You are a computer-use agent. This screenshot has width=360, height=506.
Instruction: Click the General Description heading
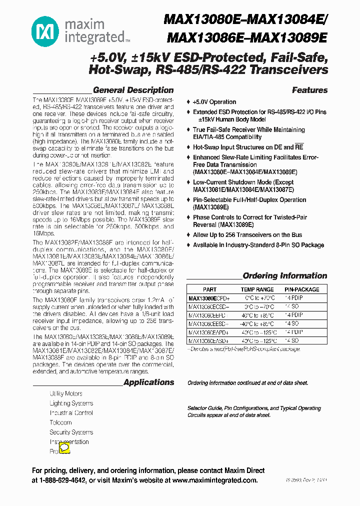133,90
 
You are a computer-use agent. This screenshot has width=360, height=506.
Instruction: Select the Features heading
309,90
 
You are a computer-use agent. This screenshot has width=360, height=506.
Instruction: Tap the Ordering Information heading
284,276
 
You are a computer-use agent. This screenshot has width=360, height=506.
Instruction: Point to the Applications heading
148,382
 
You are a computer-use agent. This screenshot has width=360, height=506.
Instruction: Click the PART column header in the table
210,289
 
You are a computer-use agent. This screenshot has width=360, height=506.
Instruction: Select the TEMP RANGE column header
257,289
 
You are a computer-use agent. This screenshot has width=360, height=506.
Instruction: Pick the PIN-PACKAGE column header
301,289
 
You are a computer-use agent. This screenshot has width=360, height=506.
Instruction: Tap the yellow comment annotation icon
64,448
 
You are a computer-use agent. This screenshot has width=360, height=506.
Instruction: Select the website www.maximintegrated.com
214,480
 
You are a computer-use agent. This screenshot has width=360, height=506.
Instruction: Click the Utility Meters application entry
66,393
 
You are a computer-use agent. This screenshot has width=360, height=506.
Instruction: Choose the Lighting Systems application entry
71,403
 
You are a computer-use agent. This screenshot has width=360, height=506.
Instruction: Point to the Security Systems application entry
71,432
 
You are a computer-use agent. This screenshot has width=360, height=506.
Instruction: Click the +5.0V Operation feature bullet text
214,101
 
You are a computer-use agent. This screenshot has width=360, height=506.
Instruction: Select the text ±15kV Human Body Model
231,119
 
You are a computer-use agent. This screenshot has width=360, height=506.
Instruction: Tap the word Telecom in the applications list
60,422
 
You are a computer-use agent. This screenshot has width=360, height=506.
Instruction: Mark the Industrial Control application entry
71,413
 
